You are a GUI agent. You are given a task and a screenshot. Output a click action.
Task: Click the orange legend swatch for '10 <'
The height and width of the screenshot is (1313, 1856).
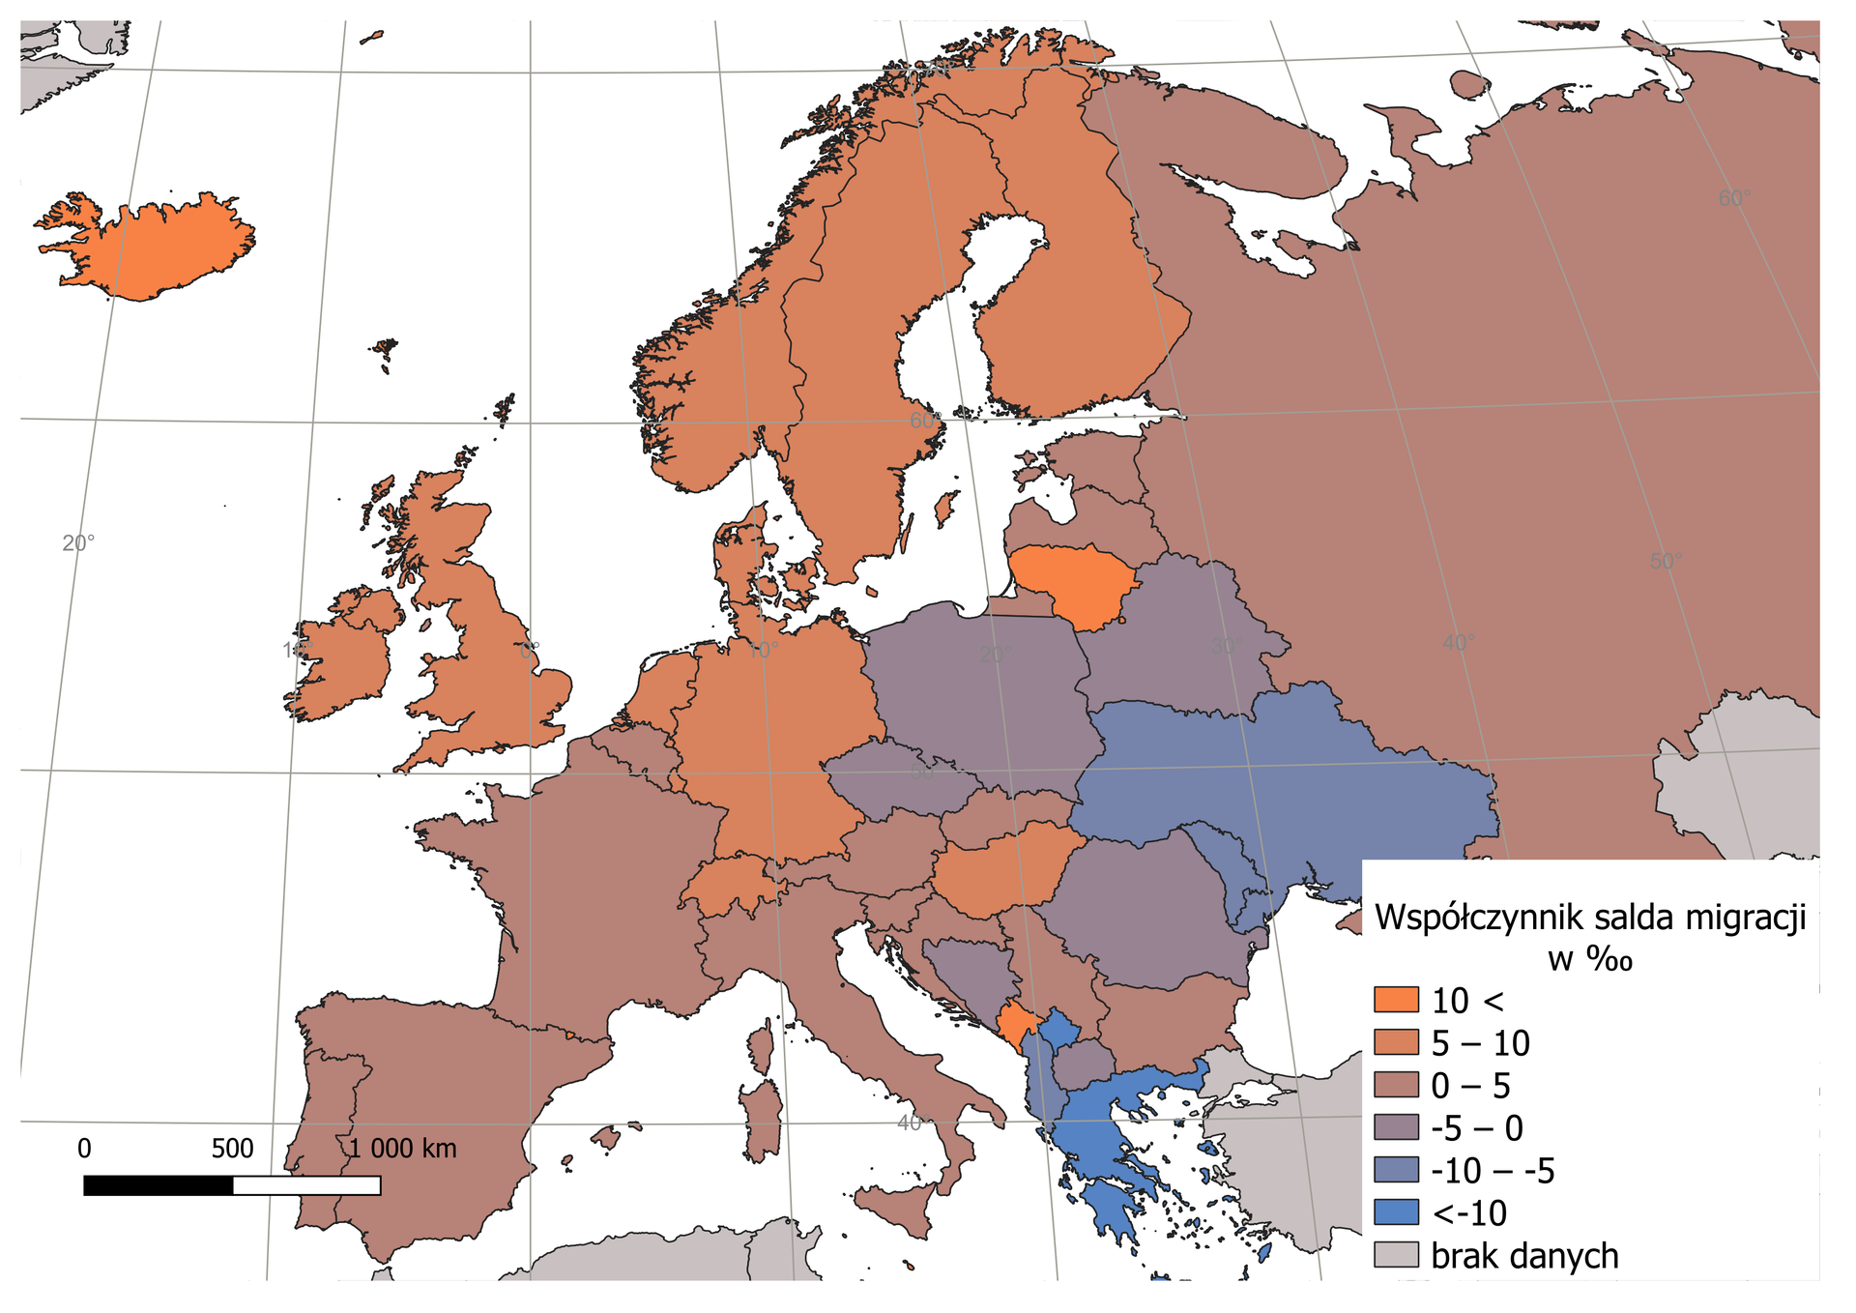coord(1395,1000)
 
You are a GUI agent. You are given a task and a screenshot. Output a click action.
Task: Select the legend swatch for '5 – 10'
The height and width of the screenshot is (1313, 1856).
coord(1395,1042)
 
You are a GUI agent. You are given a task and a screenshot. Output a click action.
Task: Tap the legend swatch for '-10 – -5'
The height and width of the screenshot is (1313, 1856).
coord(1395,1170)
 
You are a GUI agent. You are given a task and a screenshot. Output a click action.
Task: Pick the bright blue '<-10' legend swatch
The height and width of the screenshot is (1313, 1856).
coord(1395,1212)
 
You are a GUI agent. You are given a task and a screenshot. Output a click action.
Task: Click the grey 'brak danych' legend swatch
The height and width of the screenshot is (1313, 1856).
coord(1395,1255)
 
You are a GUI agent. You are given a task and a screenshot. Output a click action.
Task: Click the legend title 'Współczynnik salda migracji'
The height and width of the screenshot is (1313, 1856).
coord(1590,917)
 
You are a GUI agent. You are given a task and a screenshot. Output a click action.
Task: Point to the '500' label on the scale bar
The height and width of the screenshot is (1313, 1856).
coord(232,1149)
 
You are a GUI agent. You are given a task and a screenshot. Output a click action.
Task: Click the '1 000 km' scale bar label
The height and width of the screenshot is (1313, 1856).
coord(402,1149)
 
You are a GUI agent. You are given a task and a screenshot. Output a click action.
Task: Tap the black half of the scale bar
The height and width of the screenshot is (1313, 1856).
coord(159,1185)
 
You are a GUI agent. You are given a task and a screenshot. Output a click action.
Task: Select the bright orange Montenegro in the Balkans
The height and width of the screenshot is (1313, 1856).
coord(1016,1028)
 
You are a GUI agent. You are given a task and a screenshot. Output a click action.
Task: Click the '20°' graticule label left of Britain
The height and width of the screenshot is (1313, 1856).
coord(78,543)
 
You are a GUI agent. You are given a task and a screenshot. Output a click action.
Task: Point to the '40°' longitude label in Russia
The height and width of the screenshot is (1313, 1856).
coord(1459,643)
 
